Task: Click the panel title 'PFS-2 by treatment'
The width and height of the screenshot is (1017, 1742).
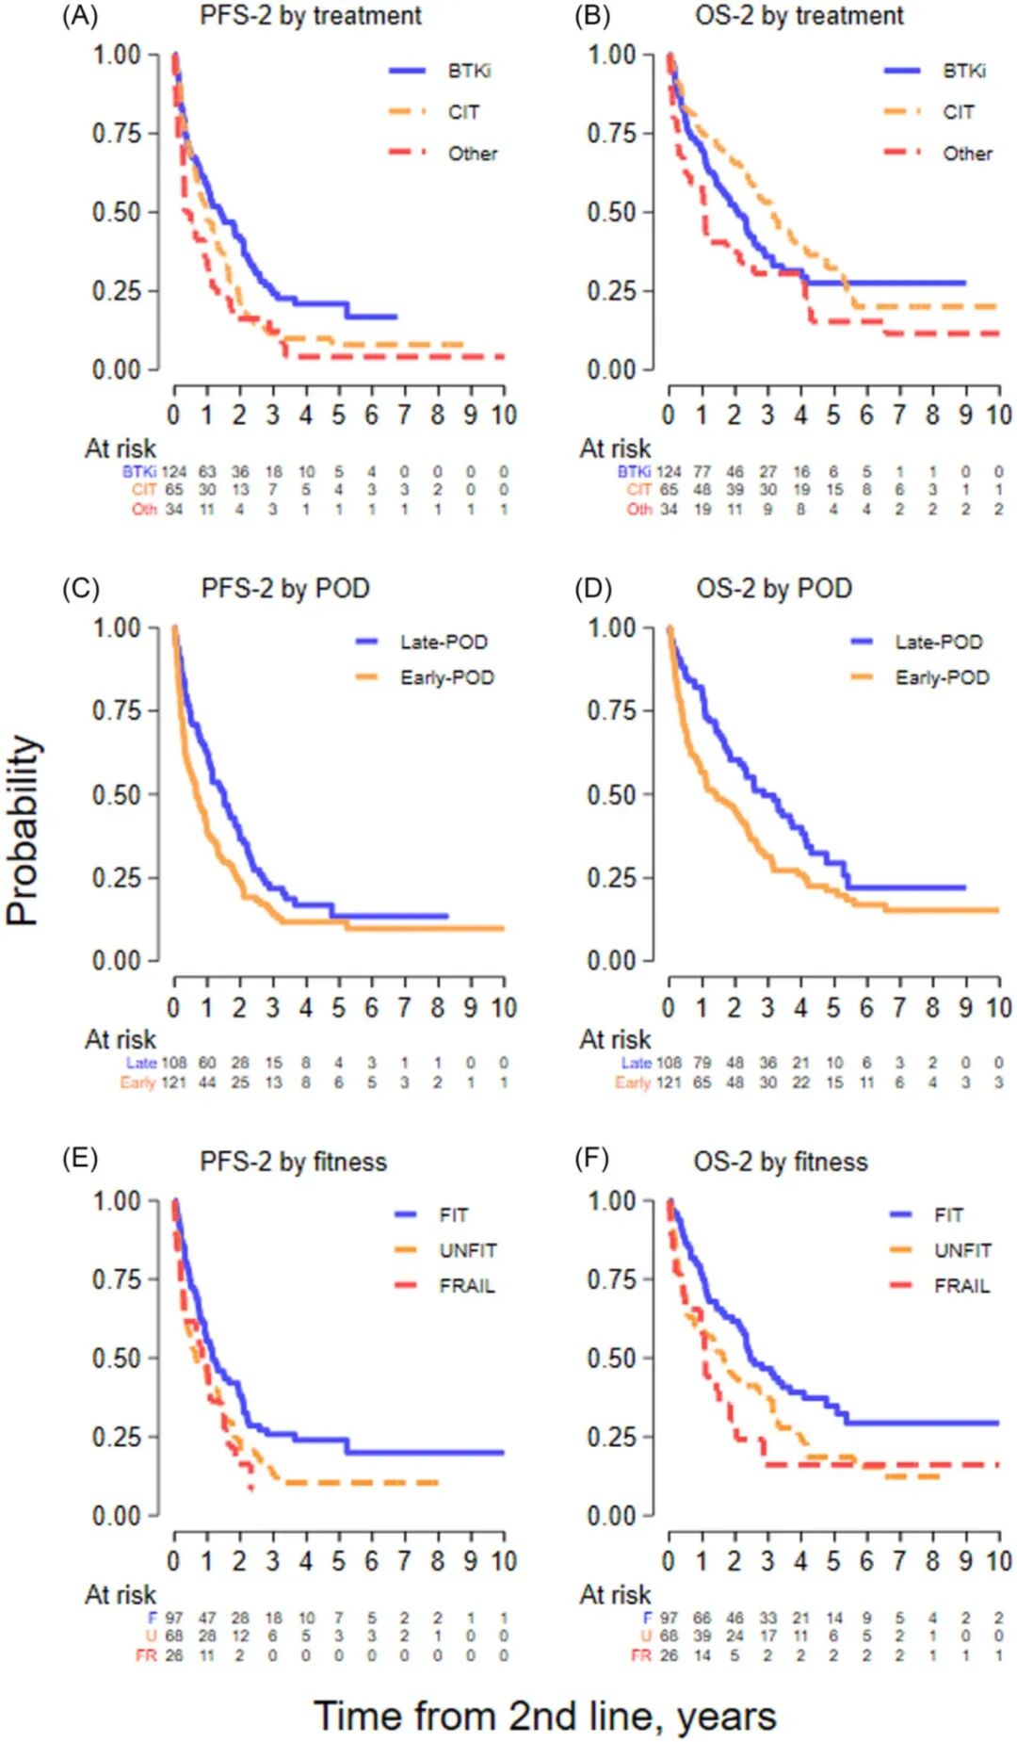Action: click(x=311, y=16)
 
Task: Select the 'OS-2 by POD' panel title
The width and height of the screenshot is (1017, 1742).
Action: click(x=774, y=589)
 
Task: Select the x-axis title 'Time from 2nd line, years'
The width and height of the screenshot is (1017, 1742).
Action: click(x=544, y=1716)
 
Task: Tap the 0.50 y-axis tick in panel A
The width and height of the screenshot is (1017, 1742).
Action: click(x=117, y=212)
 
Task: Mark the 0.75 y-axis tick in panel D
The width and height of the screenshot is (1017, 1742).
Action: click(x=612, y=710)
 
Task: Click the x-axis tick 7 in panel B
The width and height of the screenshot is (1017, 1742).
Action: click(x=899, y=415)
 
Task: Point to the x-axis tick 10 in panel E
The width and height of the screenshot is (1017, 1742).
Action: click(x=504, y=1561)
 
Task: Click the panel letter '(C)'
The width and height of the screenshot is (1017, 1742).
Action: click(x=80, y=589)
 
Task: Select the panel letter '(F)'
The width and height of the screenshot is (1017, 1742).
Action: click(x=592, y=1158)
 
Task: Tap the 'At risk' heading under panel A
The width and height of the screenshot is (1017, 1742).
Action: click(x=121, y=448)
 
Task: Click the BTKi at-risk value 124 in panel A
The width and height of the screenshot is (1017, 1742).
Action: click(x=174, y=471)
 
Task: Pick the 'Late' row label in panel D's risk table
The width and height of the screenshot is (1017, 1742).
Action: click(x=637, y=1063)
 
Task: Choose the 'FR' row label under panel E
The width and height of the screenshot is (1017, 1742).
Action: click(x=146, y=1655)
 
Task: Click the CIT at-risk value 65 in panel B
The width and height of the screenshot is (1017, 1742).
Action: click(x=669, y=490)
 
